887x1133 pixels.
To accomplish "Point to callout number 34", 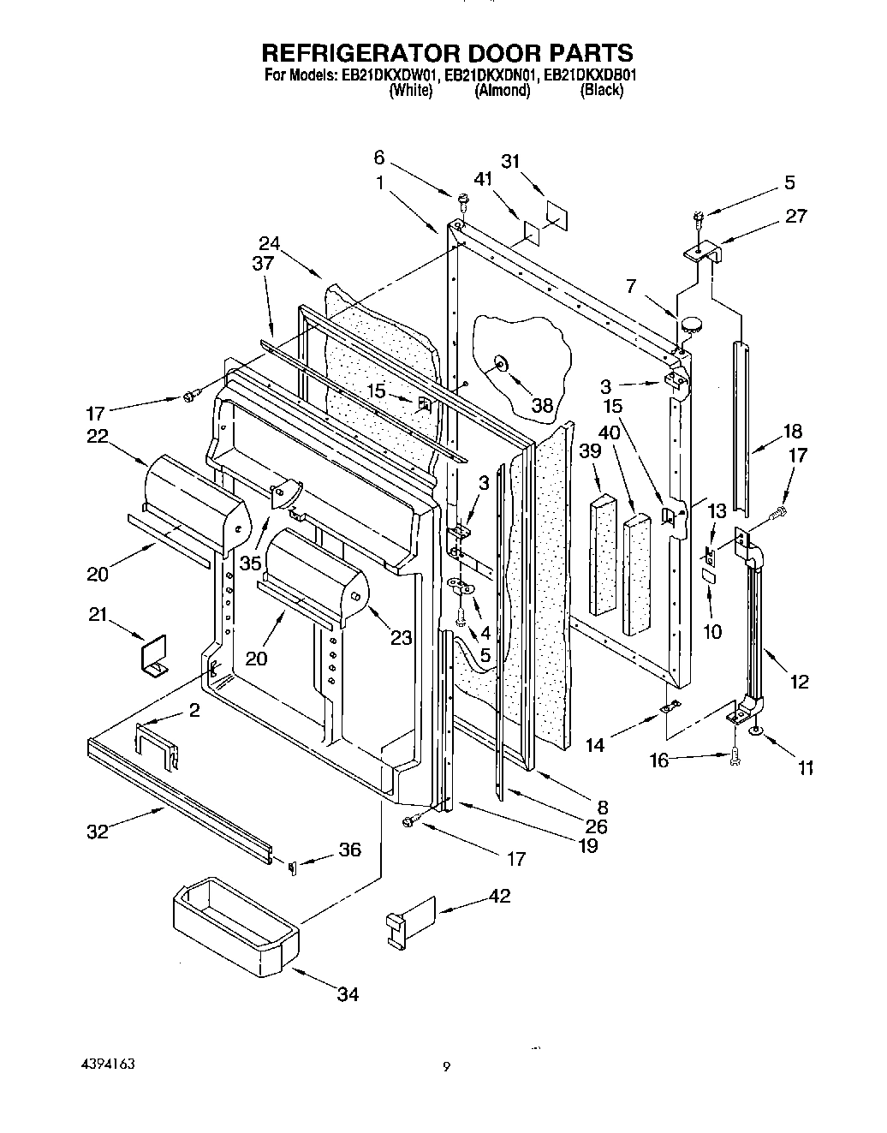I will [347, 993].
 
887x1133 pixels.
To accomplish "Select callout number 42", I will [499, 896].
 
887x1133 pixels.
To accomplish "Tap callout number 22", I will [97, 436].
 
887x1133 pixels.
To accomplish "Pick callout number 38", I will [543, 405].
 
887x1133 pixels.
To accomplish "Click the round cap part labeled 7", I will [689, 324].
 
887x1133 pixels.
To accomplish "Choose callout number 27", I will [795, 216].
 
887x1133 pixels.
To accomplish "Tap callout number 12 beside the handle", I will [800, 682].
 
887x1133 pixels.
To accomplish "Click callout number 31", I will [510, 161].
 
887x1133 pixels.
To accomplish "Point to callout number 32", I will [98, 831].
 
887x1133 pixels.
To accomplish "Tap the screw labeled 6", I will [462, 200].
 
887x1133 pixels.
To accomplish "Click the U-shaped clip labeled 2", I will [156, 742].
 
